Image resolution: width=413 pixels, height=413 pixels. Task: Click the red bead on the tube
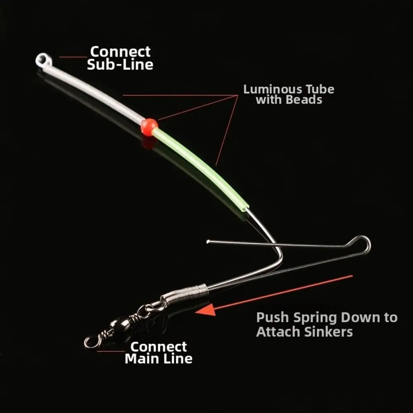click(149, 127)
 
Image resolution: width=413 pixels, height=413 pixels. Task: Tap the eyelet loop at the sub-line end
click(43, 60)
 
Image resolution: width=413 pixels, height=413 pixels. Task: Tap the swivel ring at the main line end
click(90, 342)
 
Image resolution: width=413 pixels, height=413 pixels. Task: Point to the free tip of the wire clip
click(208, 241)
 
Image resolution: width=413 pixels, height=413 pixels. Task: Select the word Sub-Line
click(120, 64)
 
